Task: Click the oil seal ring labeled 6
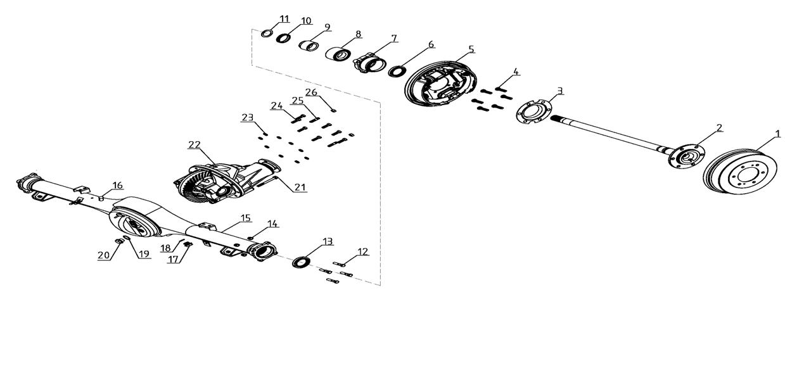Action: (397, 71)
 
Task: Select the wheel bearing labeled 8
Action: (338, 54)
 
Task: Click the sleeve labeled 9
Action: (309, 45)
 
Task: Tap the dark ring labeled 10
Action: (283, 37)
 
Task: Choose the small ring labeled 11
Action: (267, 34)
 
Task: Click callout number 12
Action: (362, 251)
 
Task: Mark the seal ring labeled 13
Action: (301, 262)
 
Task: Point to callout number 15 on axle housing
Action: (246, 218)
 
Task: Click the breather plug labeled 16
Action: (101, 199)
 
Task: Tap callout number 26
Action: (311, 92)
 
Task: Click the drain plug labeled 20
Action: (119, 241)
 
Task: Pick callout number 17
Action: (173, 259)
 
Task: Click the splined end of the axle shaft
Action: (557, 119)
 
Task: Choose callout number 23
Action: (248, 117)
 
